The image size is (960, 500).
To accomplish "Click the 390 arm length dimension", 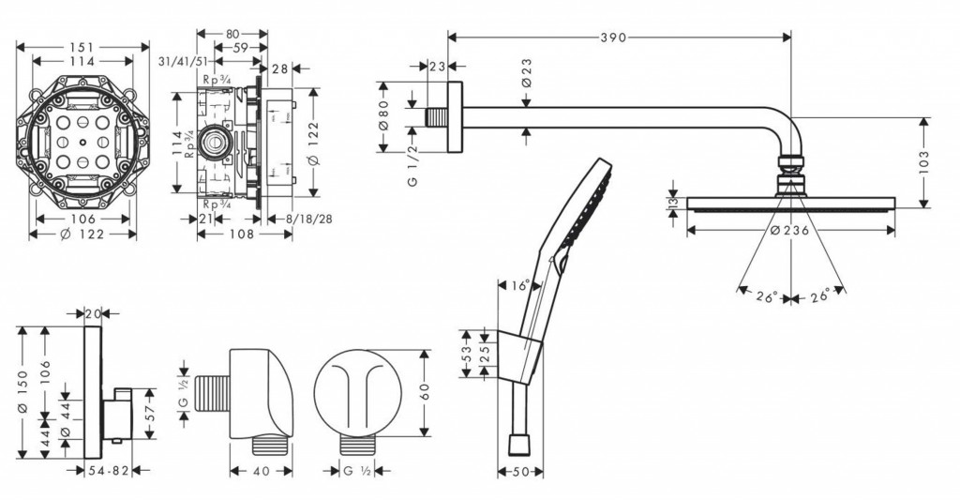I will click(x=614, y=38).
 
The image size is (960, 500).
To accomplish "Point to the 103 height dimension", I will click(x=926, y=161).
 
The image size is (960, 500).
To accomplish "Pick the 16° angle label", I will click(x=521, y=285).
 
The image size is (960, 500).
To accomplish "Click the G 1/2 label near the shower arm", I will click(x=413, y=166).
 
